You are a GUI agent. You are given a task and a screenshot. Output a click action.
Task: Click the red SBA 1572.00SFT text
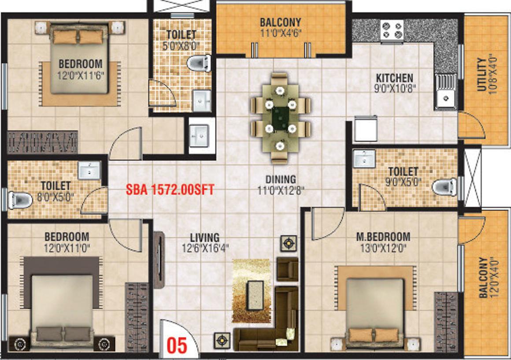[170, 189]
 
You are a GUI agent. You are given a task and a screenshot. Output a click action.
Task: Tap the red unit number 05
[177, 345]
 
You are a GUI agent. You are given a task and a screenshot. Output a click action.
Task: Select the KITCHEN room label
[394, 78]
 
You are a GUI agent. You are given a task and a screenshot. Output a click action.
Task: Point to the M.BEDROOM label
[383, 237]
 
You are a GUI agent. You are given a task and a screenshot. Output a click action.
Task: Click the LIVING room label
[205, 237]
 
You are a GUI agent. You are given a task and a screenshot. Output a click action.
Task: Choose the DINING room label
[281, 179]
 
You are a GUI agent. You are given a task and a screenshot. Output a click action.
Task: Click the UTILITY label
[481, 74]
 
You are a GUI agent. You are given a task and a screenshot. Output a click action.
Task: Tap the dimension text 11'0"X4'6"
[281, 33]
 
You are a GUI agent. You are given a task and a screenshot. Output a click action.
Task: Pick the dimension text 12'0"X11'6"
[81, 76]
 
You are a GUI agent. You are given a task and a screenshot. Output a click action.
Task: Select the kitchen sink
[445, 91]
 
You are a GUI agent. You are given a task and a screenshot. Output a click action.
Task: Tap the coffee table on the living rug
[255, 295]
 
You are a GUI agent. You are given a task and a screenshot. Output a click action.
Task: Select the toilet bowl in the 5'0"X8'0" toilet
[199, 63]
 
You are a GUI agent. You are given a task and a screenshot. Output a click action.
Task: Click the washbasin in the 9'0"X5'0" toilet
[364, 159]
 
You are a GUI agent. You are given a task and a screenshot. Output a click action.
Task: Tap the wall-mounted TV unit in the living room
[159, 260]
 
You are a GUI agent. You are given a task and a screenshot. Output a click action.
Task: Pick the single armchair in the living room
[287, 269]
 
